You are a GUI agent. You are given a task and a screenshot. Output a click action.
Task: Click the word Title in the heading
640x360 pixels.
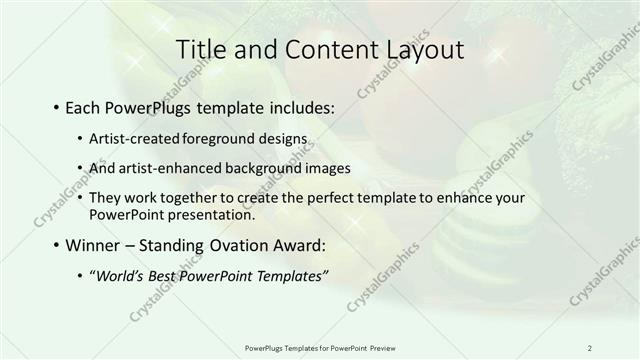click(200, 49)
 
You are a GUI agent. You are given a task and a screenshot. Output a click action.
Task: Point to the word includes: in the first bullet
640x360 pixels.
click(299, 105)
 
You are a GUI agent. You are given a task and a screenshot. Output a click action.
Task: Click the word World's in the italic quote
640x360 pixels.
click(119, 276)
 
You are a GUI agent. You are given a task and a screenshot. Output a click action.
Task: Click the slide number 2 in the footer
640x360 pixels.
click(590, 347)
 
